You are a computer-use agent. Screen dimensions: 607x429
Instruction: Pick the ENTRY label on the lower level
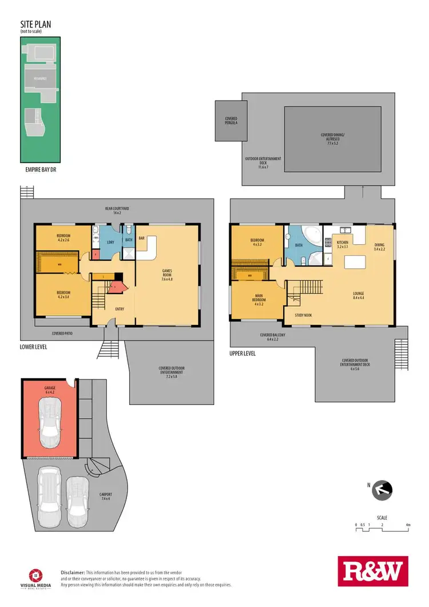(x=120, y=309)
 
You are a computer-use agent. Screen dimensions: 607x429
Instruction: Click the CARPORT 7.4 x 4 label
(x=105, y=497)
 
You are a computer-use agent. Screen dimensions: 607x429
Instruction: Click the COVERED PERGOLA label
(x=231, y=121)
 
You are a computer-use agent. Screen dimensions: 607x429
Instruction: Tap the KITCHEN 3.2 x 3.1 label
(x=342, y=245)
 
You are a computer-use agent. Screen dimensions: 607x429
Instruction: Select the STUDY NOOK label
(x=304, y=315)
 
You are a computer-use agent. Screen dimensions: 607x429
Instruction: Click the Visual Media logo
(x=37, y=576)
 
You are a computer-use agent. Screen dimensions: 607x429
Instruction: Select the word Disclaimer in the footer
(x=73, y=572)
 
